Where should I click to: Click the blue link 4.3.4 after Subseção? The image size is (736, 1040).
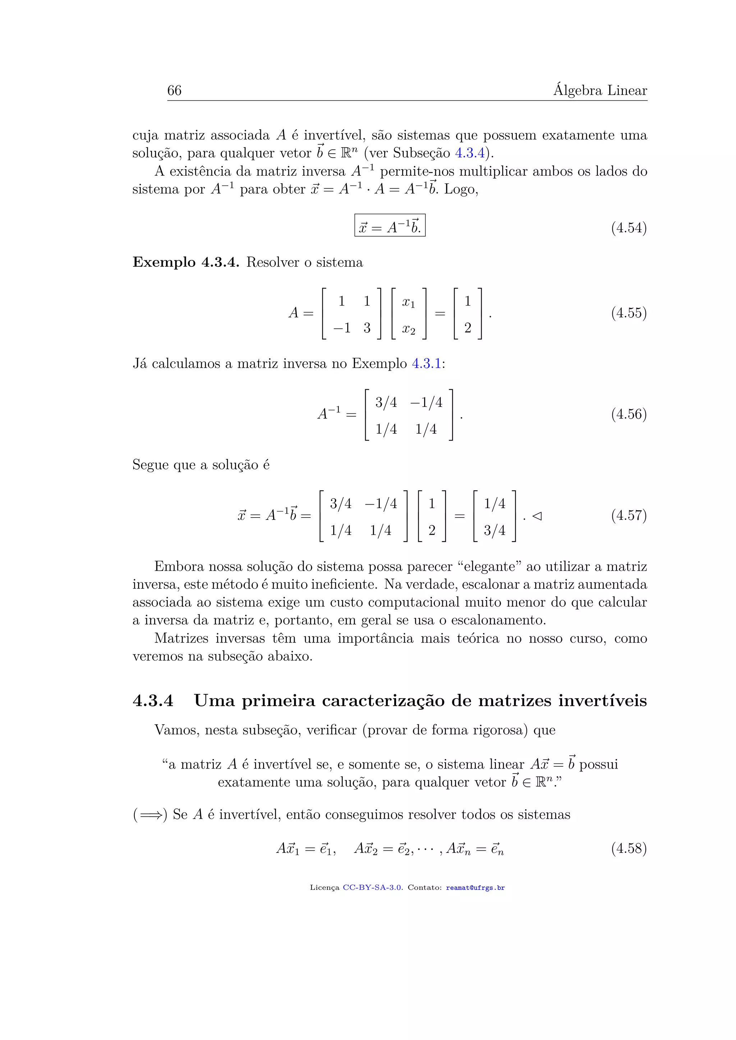[469, 153]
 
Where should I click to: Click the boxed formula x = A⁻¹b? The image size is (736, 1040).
[390, 226]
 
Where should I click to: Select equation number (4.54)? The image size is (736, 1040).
[629, 227]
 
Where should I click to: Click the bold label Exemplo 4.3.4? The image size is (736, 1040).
[185, 262]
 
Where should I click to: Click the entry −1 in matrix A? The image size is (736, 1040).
[342, 328]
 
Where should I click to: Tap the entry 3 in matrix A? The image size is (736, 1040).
[367, 328]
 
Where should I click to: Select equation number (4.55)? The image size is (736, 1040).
[629, 313]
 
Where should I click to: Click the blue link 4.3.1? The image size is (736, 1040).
[426, 364]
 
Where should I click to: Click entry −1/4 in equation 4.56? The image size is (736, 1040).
[426, 402]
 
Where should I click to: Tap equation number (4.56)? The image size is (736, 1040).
[629, 414]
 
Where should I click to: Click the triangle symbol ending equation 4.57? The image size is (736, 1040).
[537, 516]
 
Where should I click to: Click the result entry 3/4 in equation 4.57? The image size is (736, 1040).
[494, 530]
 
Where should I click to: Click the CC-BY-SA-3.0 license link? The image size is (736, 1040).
[372, 888]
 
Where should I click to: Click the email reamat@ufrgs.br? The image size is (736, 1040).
[475, 888]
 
